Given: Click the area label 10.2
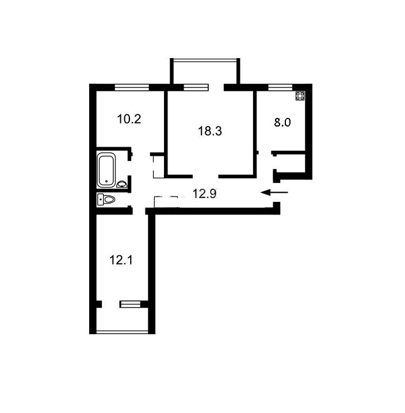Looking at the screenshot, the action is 129,119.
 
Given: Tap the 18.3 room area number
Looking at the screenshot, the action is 210,131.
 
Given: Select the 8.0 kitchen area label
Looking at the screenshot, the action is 282,123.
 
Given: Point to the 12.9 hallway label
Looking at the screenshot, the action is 204,194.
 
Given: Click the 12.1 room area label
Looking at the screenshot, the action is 121,260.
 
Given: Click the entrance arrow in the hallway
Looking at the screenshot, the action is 274,193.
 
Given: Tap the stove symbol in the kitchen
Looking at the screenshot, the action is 300,96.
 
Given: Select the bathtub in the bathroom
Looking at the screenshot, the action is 106,170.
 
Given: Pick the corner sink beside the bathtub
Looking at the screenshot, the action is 122,184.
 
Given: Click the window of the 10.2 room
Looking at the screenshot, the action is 132,87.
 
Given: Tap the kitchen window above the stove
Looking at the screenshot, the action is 280,87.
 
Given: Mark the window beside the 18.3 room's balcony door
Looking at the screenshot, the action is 196,87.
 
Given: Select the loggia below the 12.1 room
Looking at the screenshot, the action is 123,319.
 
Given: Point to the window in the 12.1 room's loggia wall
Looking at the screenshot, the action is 130,304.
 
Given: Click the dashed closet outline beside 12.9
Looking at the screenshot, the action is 166,202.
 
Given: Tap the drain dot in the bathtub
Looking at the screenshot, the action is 106,181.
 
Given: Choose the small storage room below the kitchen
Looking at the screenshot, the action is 291,163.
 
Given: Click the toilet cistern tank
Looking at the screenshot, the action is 101,200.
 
